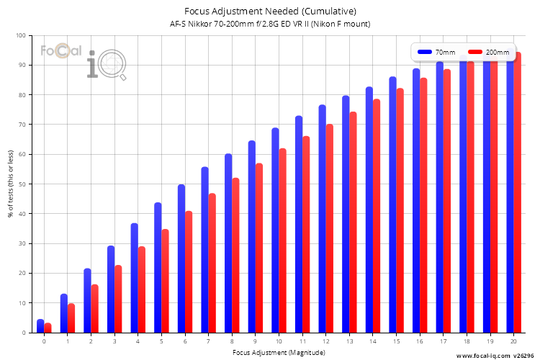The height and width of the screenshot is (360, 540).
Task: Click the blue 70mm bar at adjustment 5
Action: coord(158,267)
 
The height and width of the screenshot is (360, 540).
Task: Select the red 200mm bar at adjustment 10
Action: coord(282,240)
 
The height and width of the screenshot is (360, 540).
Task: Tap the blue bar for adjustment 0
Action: coord(40,326)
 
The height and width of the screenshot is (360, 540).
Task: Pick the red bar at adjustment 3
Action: coord(118,299)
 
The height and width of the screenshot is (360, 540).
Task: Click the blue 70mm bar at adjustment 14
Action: coord(369,210)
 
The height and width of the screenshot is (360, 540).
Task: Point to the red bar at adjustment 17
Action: coord(446,201)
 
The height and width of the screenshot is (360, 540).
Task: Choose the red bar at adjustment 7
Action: coord(212,263)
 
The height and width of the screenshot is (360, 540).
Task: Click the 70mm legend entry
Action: coord(436,52)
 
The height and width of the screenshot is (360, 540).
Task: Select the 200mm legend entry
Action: coord(489,52)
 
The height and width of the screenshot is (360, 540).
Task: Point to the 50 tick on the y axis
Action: coord(22,184)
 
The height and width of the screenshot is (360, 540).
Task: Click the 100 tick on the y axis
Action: coord(21,35)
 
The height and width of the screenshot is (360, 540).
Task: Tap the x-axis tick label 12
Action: coord(325,341)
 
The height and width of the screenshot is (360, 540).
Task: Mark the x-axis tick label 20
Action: coord(513,341)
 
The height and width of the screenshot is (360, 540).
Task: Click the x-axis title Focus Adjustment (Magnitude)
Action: coord(279,352)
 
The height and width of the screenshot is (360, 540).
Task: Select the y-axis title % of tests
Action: coord(11,184)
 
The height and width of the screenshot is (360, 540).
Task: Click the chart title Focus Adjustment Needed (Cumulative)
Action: coord(270,12)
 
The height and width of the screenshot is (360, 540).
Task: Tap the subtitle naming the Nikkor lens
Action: coord(270,24)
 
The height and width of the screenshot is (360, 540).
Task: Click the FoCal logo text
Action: coord(61,50)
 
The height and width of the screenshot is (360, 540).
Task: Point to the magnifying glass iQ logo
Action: coord(107,65)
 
